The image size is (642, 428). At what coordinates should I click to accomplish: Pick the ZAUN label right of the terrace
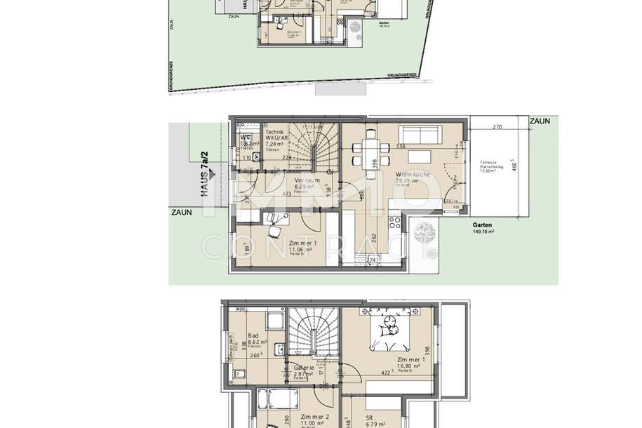pos(540,121)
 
